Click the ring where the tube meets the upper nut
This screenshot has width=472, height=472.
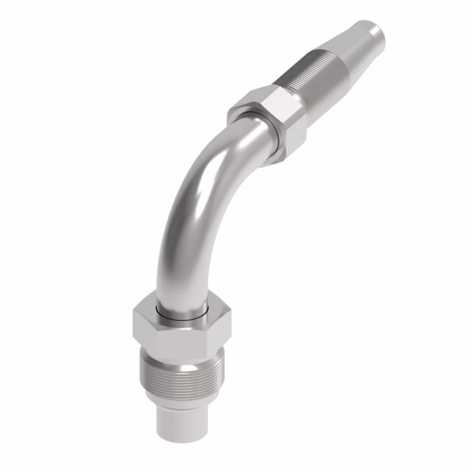260,138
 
